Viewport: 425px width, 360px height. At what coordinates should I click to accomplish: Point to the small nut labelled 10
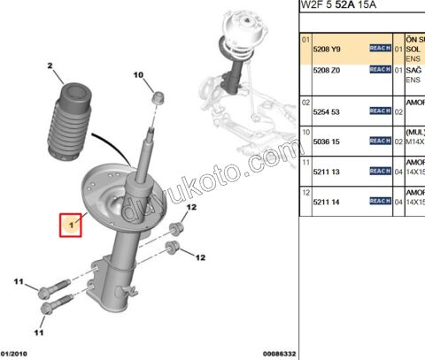[x=156, y=97]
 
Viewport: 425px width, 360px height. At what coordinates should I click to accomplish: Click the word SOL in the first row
[x=412, y=50]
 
